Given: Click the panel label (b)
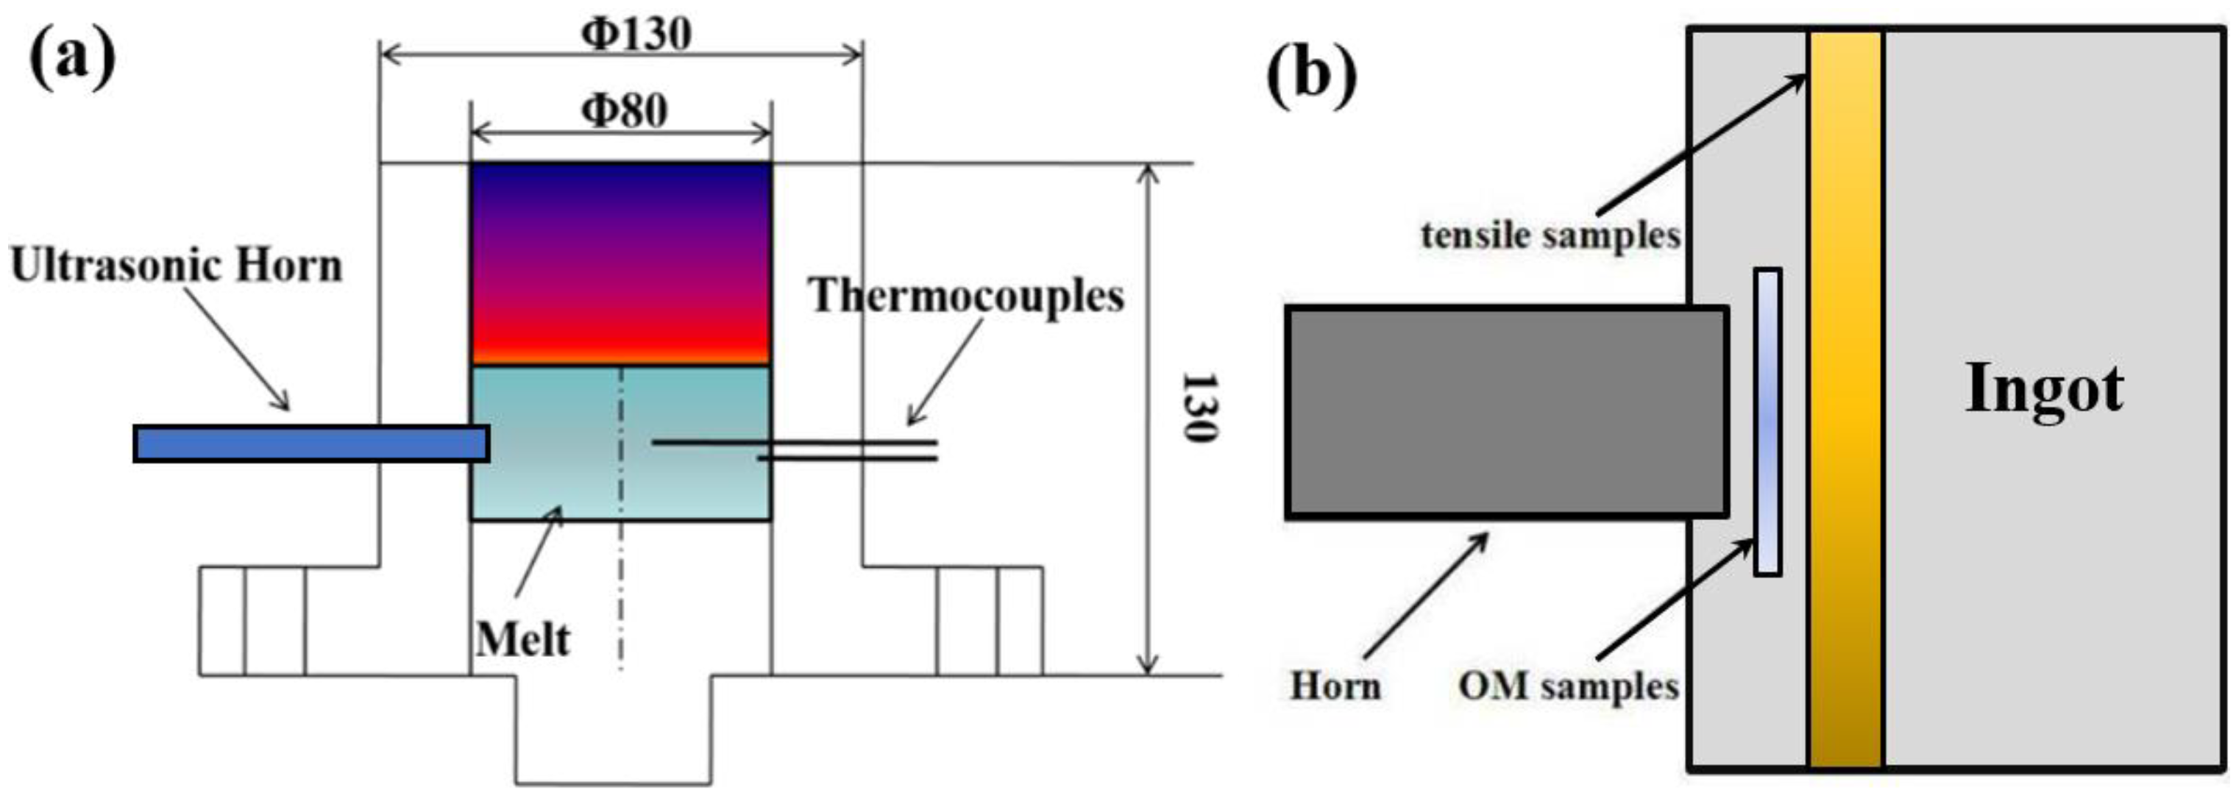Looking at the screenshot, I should [1310, 76].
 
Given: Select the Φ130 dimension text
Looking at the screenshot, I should [636, 35].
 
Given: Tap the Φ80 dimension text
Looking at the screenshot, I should [624, 110].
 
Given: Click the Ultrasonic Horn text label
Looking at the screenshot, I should [176, 266].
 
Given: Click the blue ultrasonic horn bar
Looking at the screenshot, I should [310, 444].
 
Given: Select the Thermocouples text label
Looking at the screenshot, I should [966, 295].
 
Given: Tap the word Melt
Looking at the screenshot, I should [522, 641].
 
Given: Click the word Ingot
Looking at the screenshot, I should [2044, 389].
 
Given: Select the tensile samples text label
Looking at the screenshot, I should [1550, 235].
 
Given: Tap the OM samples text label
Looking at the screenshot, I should [1568, 686].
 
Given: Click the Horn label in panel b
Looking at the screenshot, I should [1335, 686].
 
